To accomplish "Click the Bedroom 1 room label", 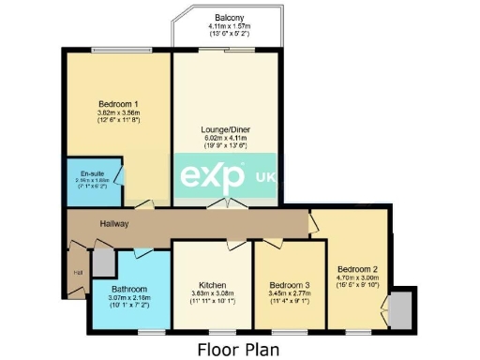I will [x=119, y=104].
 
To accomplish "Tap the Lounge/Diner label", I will [x=225, y=128].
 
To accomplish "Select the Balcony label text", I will [x=230, y=18].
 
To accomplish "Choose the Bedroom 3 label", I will [x=288, y=284].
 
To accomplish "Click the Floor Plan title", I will [x=239, y=348].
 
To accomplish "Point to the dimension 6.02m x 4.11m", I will [x=225, y=138].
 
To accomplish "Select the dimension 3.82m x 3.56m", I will [x=119, y=113].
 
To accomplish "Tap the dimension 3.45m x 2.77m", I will [x=288, y=293].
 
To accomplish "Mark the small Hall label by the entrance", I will [x=78, y=274].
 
